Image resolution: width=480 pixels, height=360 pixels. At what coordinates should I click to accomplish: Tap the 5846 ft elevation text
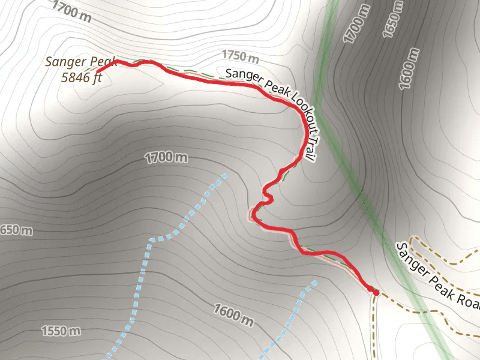(82, 77)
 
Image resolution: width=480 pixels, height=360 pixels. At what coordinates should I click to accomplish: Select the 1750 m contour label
(240, 57)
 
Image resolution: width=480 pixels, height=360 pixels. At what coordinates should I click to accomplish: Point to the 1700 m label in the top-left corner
(71, 11)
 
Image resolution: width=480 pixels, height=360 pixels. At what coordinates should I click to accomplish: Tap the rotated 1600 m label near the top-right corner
(409, 69)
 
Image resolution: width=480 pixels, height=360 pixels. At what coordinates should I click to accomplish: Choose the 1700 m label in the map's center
(166, 158)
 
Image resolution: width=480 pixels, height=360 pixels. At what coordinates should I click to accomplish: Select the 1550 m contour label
(61, 331)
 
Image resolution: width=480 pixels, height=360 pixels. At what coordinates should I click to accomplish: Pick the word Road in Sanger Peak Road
(468, 297)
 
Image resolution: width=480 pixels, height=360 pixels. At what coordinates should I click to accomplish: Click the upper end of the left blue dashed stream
(225, 176)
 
